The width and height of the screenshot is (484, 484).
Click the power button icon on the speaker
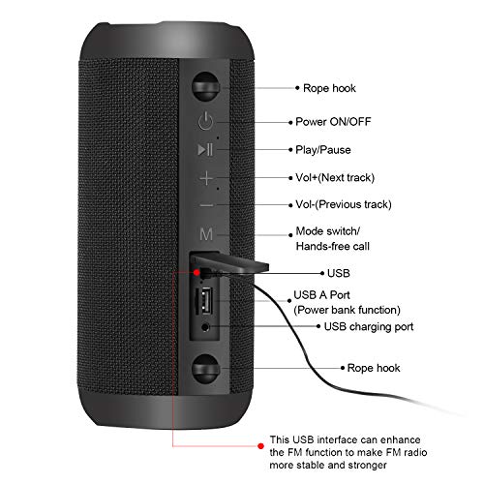point(204,122)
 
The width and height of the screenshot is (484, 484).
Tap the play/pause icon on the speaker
point(204,149)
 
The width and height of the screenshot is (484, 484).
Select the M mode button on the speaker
point(205,234)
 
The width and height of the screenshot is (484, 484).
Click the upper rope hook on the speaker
point(204,88)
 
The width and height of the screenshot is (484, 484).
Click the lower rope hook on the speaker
point(204,368)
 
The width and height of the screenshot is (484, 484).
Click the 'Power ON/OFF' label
point(333,122)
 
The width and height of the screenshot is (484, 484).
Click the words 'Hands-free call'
point(332,247)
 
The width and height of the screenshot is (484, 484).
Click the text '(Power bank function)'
point(347,310)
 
